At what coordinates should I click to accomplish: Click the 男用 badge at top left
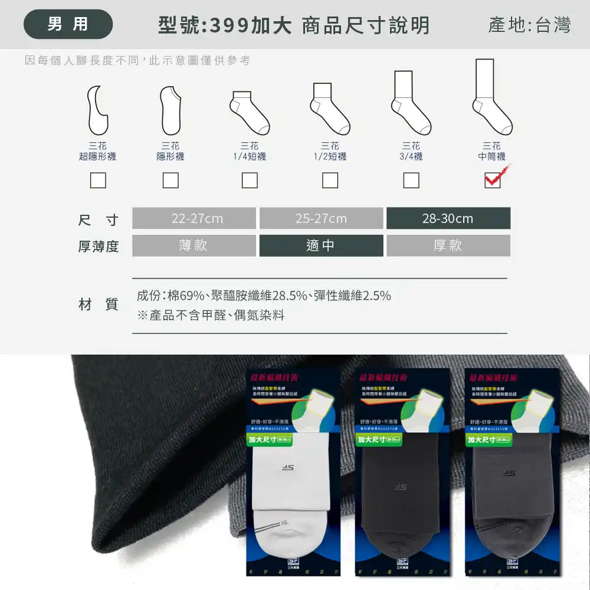click(68, 24)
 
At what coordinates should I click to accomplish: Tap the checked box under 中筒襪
click(492, 180)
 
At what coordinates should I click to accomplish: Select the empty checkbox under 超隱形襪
click(98, 180)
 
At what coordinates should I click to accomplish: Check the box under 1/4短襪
click(250, 180)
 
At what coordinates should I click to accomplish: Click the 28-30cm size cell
click(448, 218)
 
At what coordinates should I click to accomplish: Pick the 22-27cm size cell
click(194, 218)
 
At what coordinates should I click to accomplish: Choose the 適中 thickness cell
click(321, 245)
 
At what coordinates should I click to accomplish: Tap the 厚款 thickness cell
click(448, 245)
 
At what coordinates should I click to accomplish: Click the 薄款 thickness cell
click(194, 245)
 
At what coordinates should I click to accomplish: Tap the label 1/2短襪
click(330, 156)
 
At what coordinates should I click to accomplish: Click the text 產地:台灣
click(529, 25)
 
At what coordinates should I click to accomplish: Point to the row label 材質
click(99, 304)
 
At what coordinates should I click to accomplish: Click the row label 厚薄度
click(99, 246)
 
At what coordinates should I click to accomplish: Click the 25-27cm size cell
click(321, 218)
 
